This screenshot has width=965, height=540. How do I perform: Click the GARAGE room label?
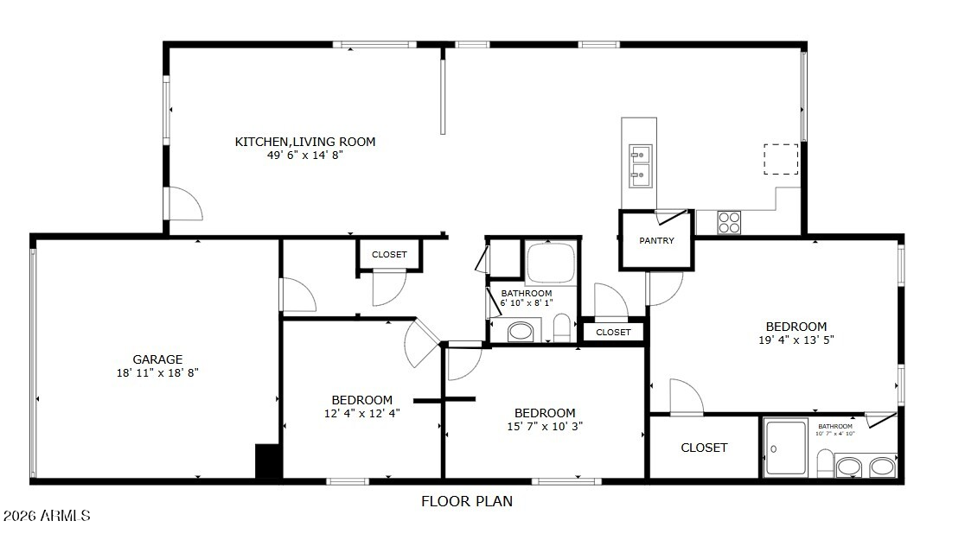[157, 359]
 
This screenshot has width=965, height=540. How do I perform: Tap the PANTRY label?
[656, 240]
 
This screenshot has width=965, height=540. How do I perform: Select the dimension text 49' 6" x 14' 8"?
[304, 155]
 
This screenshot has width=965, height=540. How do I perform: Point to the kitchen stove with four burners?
[729, 222]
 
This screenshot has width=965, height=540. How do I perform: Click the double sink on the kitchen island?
[640, 166]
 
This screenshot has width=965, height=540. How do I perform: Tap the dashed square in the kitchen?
[781, 159]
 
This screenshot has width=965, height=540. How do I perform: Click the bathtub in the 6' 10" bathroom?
[551, 263]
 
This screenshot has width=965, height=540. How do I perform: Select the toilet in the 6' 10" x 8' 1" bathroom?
[562, 327]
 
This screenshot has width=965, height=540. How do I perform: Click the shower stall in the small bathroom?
[786, 448]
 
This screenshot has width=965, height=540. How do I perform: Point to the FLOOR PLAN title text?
[466, 501]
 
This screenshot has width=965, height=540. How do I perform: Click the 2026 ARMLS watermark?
[47, 516]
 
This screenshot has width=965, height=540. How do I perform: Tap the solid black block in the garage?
[268, 461]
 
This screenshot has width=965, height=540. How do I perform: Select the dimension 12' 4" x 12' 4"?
[361, 413]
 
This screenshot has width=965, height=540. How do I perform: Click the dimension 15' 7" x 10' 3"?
[545, 426]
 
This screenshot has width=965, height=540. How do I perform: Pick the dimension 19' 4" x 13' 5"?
[796, 340]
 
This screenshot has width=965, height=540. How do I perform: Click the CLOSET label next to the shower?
[704, 448]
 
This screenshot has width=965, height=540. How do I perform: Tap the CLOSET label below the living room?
[390, 255]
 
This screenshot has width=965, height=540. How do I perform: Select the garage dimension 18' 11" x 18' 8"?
[157, 372]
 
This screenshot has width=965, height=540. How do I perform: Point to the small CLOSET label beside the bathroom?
[614, 332]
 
